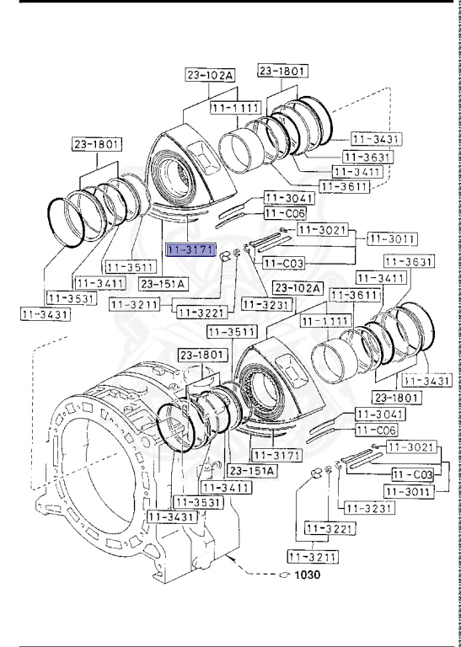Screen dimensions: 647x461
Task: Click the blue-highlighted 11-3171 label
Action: coord(190,250)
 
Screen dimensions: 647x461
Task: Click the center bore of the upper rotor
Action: coord(178,178)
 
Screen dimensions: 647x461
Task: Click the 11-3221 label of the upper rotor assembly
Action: coord(200,313)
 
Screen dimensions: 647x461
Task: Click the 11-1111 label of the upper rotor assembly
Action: coord(233,109)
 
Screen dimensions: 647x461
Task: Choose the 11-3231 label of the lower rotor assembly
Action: coord(362,508)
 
